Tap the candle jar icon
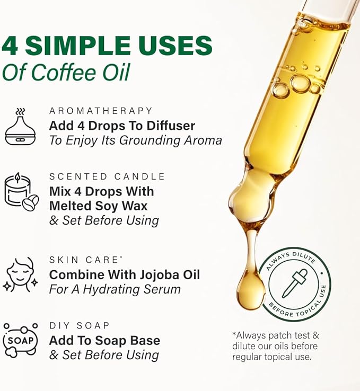pos(21,192)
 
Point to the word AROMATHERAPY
pos(101,111)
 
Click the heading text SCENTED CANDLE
pos(107,176)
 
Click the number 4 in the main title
pos(10,46)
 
